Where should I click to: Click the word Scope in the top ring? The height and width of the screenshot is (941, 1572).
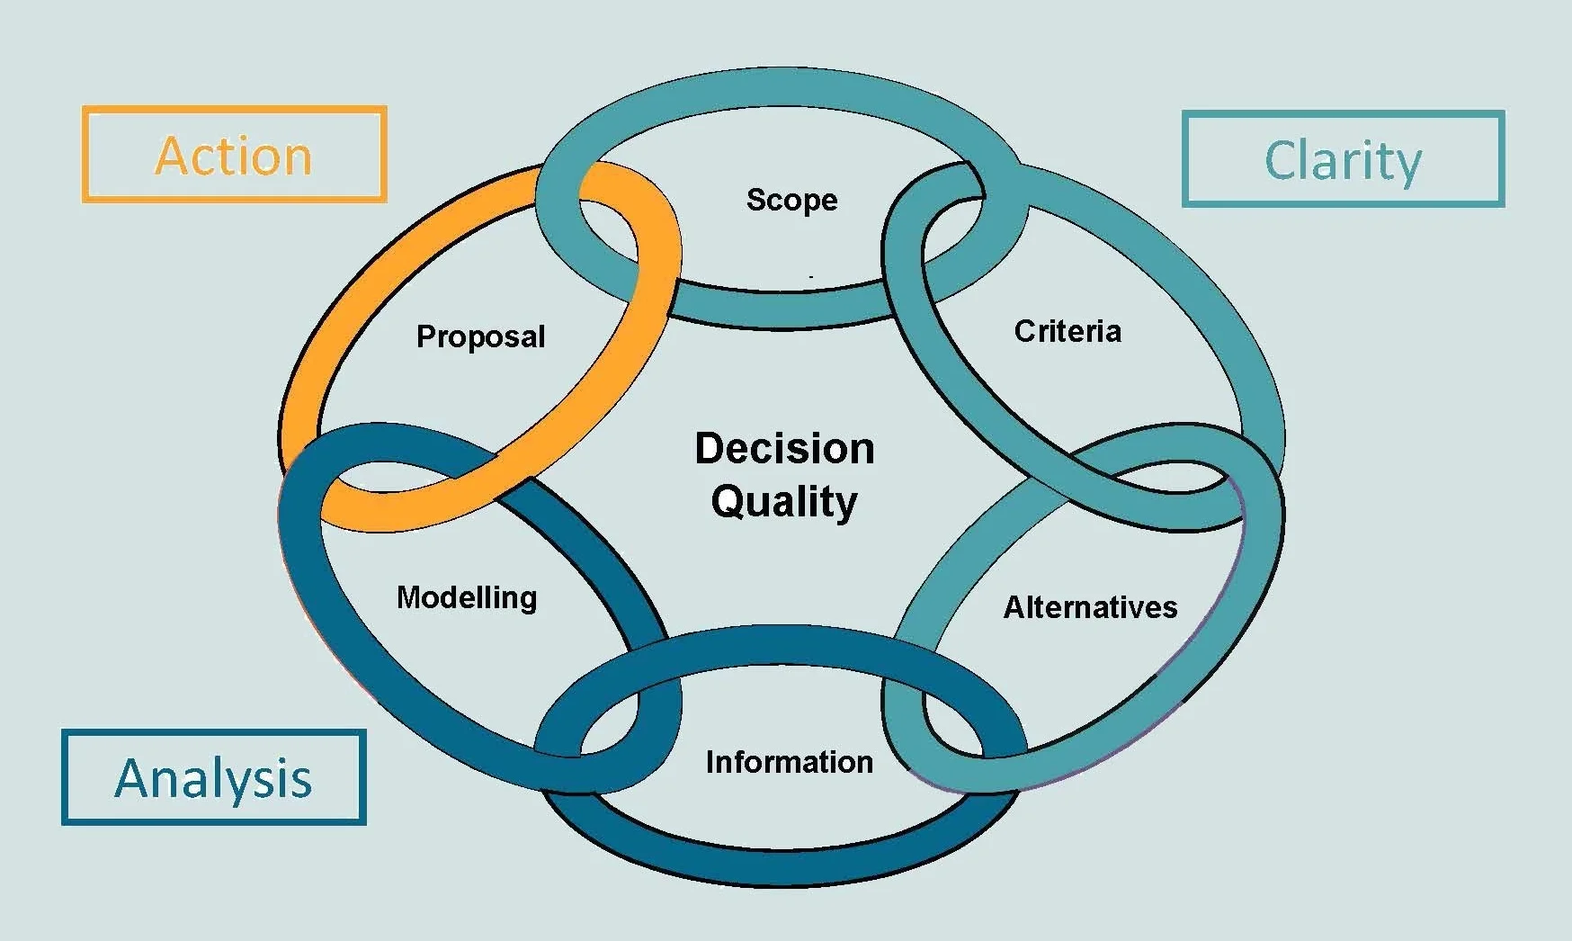(791, 200)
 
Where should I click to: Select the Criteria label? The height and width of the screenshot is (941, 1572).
(1067, 331)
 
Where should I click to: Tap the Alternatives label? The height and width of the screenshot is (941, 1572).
(1090, 607)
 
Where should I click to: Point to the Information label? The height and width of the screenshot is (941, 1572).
(789, 762)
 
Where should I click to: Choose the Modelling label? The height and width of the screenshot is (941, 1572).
(467, 597)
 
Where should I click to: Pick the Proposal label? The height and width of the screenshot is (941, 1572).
(480, 336)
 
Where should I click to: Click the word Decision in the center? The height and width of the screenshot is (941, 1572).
(784, 448)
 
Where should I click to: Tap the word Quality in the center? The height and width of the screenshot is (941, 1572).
(784, 501)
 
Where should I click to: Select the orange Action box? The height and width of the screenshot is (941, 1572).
(235, 155)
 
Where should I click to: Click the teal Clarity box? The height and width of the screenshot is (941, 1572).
(1343, 160)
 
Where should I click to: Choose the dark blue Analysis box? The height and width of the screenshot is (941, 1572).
(214, 777)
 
